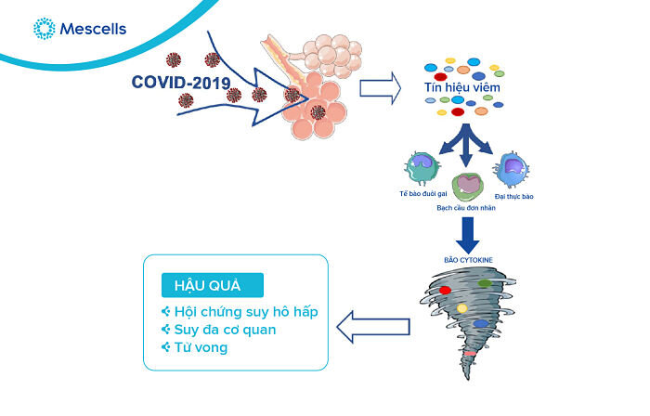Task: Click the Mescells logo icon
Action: tap(43, 29)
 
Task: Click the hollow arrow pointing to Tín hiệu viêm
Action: tap(379, 89)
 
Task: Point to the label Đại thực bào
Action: tap(514, 197)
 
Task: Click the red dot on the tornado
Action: tap(445, 291)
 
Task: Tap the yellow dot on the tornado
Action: tap(461, 307)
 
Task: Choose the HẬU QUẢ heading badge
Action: tap(211, 284)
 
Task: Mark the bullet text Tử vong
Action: tap(201, 348)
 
